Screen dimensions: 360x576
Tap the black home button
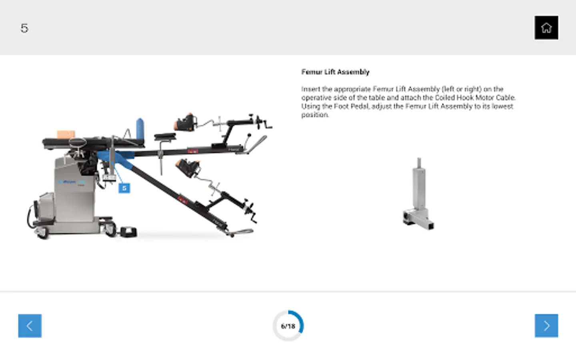point(546,28)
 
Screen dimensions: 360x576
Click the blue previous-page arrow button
point(30,326)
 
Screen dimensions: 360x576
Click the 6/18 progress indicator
point(288,326)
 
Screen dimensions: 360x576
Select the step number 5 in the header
point(24,28)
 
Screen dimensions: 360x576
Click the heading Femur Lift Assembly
point(335,72)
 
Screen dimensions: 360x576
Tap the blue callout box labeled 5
point(124,188)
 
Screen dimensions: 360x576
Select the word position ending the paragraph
point(315,115)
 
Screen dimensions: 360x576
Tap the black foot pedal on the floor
point(129,232)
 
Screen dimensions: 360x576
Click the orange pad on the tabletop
point(66,134)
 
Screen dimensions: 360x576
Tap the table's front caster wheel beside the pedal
point(109,229)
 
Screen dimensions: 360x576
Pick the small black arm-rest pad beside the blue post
point(165,137)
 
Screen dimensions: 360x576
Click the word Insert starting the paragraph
point(311,89)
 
